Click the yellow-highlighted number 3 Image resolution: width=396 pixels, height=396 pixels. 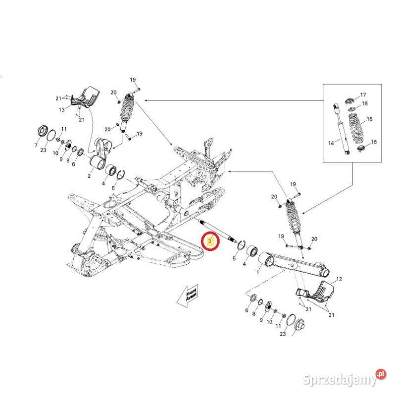click(211, 242)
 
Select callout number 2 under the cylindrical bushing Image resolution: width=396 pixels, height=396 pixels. click(89, 175)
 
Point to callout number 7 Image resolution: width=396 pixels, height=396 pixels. click(36, 146)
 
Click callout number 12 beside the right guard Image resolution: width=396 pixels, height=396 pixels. click(339, 280)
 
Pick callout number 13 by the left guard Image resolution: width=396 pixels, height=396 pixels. click(62, 109)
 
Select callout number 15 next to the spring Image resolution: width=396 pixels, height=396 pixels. click(369, 120)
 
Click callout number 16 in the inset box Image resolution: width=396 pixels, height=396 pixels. click(374, 142)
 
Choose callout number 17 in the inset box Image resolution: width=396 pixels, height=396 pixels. click(363, 95)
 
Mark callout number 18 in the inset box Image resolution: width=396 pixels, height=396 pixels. click(365, 103)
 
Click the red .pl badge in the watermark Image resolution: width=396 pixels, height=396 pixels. click(381, 374)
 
